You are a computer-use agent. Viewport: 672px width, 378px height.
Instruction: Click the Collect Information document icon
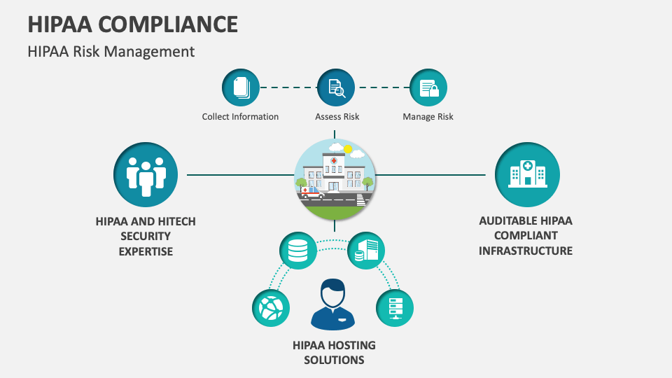[x=240, y=88]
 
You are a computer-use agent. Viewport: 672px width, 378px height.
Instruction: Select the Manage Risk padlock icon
[x=428, y=88]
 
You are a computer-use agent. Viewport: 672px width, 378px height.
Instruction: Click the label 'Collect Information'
[x=240, y=117]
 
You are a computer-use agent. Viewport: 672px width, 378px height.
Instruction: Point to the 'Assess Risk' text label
[x=337, y=117]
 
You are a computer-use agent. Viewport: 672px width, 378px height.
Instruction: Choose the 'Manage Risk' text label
[x=428, y=117]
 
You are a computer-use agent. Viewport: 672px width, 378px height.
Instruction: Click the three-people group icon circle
[x=146, y=174]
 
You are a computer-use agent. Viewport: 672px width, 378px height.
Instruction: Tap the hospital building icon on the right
[x=526, y=174]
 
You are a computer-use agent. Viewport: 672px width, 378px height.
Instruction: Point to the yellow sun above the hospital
[x=347, y=149]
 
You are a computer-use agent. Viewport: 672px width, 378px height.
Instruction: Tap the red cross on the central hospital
[x=334, y=161]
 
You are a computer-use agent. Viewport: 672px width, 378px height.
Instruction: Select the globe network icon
[x=270, y=307]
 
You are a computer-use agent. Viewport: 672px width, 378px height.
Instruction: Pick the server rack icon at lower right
[x=395, y=307]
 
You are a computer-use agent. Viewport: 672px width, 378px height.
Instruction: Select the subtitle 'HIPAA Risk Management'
[x=111, y=52]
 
